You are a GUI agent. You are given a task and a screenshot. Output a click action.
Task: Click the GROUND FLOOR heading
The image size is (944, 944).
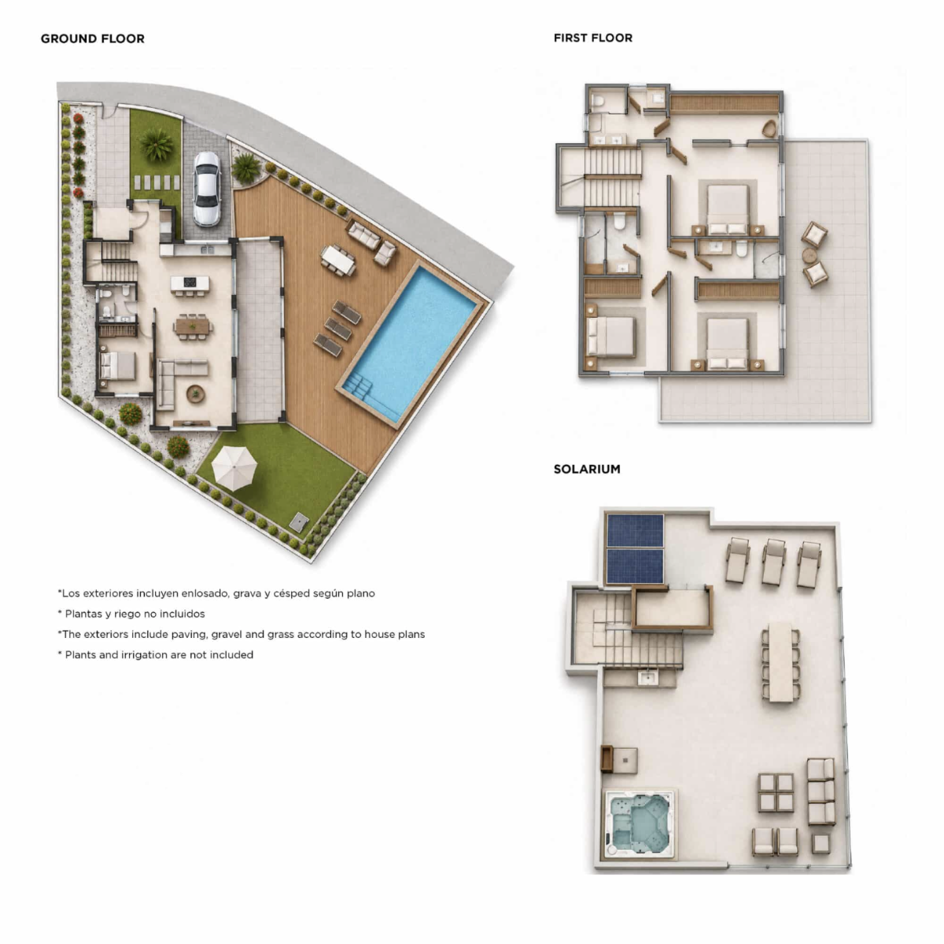click(93, 39)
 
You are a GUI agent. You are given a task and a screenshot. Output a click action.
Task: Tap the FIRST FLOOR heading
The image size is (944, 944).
click(593, 39)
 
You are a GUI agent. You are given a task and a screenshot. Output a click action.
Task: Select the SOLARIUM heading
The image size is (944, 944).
click(587, 469)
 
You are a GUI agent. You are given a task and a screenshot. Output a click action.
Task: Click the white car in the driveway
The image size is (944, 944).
click(206, 189)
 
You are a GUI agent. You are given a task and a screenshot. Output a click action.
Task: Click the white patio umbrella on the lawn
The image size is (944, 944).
click(234, 467)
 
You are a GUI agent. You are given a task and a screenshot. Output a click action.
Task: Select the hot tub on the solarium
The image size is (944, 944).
click(637, 825)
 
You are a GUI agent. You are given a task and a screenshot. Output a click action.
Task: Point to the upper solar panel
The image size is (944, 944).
click(635, 530)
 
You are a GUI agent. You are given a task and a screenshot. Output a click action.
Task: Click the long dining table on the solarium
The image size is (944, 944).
click(781, 662)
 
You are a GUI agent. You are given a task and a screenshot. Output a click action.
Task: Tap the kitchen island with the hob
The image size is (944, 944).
click(190, 284)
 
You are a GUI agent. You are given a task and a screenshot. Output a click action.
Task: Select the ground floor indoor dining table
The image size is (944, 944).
click(194, 326)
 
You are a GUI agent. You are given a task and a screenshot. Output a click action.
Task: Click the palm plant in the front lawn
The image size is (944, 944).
click(157, 144)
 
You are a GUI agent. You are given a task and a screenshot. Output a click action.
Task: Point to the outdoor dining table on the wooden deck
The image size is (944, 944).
click(338, 260)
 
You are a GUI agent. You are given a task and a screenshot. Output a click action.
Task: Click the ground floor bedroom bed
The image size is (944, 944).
click(117, 365)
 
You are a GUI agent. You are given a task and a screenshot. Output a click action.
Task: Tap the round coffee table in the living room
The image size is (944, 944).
click(195, 393)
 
